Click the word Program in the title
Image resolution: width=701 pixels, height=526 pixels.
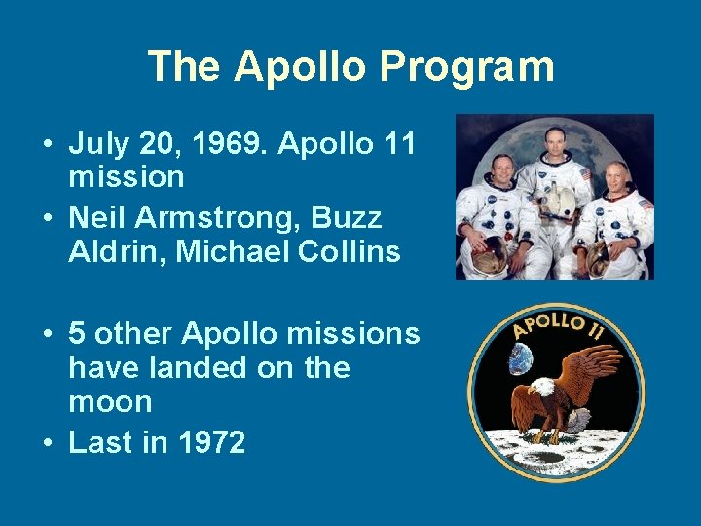coord(466,66)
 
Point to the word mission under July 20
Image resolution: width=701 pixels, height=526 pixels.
coord(127,177)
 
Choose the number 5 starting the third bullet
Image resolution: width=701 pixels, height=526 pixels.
coord(78,334)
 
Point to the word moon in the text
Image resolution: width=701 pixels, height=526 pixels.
coord(110,402)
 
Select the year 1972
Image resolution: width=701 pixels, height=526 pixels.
coord(211,443)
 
